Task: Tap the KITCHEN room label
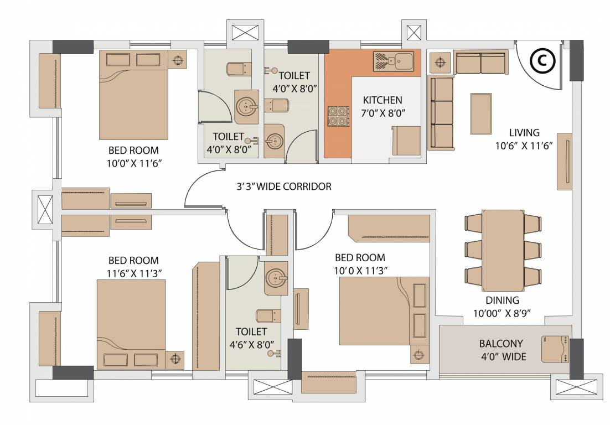[x=382, y=100]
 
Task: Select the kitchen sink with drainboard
[x=392, y=61]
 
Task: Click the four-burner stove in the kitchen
[x=338, y=115]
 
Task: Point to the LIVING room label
[x=524, y=133]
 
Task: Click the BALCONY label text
[x=502, y=344]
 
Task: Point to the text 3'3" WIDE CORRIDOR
[x=283, y=186]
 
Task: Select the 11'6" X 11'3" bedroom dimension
[x=133, y=273]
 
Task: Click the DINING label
[x=502, y=300]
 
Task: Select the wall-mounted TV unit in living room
[x=564, y=161]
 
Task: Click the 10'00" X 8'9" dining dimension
[x=502, y=313]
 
